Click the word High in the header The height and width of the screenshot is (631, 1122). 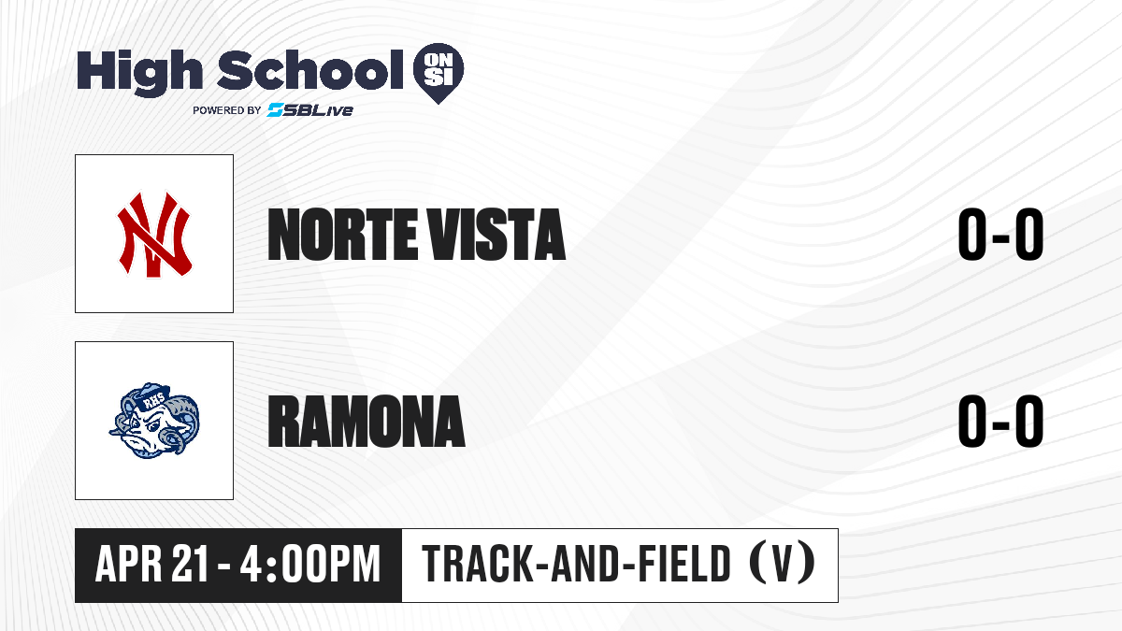[139, 72]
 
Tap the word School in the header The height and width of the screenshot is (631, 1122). [310, 70]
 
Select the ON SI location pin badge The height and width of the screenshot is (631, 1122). [439, 73]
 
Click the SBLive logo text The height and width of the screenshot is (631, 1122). [310, 110]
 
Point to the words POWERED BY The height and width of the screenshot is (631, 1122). [227, 110]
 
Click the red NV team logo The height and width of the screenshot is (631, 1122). [154, 234]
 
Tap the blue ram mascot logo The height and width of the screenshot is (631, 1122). [154, 421]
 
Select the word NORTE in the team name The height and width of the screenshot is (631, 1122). [342, 235]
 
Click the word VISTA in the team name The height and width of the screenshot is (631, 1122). [496, 235]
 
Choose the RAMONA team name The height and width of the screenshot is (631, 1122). [367, 421]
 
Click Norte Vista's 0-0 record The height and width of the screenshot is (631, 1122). [1000, 235]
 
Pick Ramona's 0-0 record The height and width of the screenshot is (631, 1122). [1000, 421]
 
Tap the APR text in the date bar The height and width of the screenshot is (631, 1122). [129, 564]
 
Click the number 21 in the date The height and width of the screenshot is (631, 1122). [190, 564]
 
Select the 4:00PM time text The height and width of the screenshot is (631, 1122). [310, 564]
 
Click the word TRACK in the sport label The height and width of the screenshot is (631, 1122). [476, 564]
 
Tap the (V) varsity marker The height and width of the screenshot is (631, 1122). [782, 563]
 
